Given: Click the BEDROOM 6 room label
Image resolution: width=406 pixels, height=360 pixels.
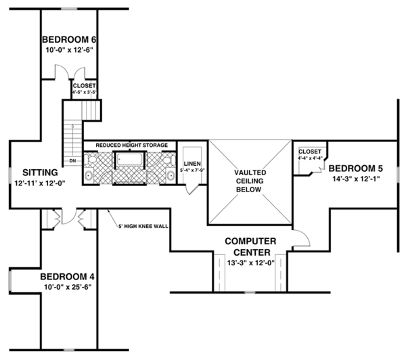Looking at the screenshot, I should [68, 39].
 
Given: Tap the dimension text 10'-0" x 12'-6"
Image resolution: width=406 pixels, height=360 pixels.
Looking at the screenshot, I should [68, 49].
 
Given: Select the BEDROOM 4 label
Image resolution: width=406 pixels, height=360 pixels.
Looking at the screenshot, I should [66, 276].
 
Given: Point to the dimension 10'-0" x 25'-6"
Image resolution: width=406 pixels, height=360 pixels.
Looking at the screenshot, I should [66, 287].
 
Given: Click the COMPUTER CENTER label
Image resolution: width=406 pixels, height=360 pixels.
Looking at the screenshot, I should [250, 246].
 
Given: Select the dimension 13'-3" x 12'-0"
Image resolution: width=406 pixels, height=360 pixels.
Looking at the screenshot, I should [250, 263].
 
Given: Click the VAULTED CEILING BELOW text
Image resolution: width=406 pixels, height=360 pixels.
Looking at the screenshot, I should [250, 181].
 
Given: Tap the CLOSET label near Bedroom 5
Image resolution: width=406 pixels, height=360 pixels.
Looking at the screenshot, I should [309, 152].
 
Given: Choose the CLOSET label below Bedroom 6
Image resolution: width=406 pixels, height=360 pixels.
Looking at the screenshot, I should [85, 86].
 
